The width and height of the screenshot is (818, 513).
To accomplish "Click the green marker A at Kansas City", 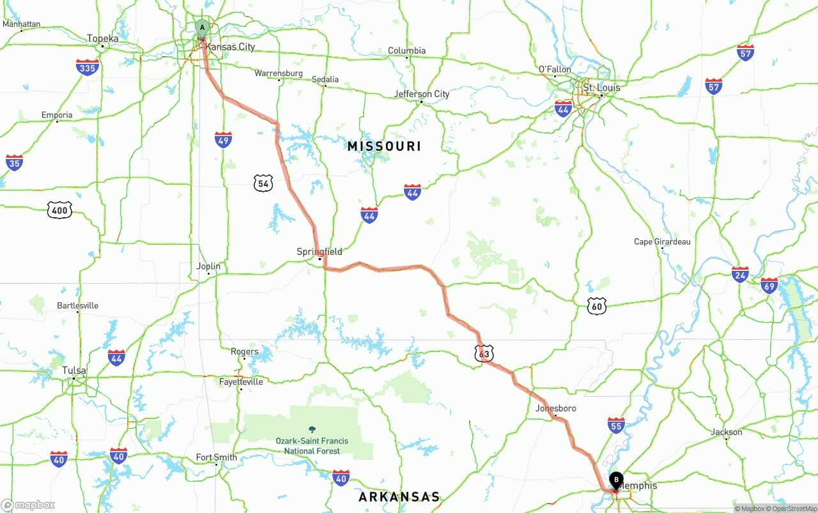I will [202, 28].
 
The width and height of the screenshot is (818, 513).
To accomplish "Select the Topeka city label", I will [103, 38].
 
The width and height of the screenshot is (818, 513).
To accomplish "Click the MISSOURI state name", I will [384, 146].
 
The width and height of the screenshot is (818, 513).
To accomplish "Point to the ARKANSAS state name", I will [399, 496].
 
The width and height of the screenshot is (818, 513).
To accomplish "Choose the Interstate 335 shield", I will [87, 67].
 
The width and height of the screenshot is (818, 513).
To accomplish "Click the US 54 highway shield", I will [263, 183].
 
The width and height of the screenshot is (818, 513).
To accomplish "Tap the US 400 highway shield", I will [59, 210].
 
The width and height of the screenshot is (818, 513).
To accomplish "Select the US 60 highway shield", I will [597, 306].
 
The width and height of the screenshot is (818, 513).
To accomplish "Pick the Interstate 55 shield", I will [616, 425].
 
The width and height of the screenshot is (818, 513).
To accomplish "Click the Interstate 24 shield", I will [740, 275].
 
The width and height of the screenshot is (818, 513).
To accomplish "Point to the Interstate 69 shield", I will [769, 285].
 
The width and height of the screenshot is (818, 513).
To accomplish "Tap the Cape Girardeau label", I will [662, 241].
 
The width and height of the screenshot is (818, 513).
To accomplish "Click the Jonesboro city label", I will [556, 408].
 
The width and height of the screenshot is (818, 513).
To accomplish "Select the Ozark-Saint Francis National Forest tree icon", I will [312, 430].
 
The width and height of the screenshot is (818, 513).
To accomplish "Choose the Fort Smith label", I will [216, 457].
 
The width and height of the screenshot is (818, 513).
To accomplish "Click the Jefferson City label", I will [422, 94].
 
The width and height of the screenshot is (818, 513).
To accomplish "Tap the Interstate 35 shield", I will [14, 162].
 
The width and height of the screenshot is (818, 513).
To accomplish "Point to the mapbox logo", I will [28, 505].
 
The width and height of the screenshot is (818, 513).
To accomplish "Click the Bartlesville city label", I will [78, 305].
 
